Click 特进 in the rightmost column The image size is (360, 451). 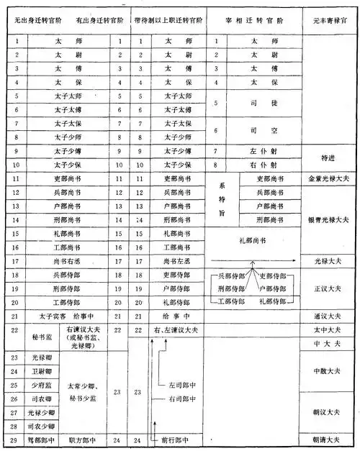point(330,158)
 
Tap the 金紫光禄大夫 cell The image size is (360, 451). point(330,178)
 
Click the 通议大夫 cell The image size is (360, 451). point(330,315)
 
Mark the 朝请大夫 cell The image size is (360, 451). point(330,438)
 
